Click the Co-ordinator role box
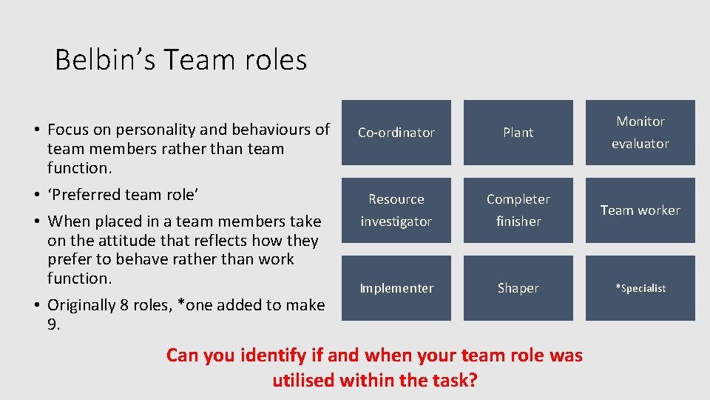(x=396, y=133)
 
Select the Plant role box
(x=518, y=133)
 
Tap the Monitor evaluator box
(x=640, y=133)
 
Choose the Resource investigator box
(x=396, y=210)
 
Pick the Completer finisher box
(x=518, y=210)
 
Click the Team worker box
(x=640, y=210)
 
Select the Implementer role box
(x=396, y=288)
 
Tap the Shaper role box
(x=518, y=288)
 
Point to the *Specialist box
(x=640, y=288)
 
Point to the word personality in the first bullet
(x=132, y=130)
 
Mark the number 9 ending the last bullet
(x=53, y=324)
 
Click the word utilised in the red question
(x=305, y=381)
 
